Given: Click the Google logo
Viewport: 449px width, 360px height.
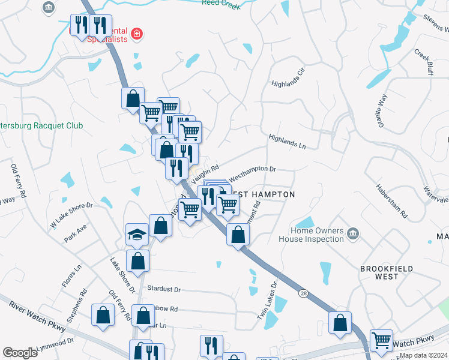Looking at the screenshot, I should [20, 353].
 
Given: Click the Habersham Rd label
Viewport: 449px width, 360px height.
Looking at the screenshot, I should [391, 199].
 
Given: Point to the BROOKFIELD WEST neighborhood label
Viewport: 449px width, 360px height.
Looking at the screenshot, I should [387, 272].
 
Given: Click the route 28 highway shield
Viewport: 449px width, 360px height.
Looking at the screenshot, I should [303, 292].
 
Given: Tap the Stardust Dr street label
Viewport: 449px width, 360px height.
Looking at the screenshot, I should [164, 289].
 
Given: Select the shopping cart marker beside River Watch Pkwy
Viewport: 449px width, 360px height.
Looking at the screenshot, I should [382, 340].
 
